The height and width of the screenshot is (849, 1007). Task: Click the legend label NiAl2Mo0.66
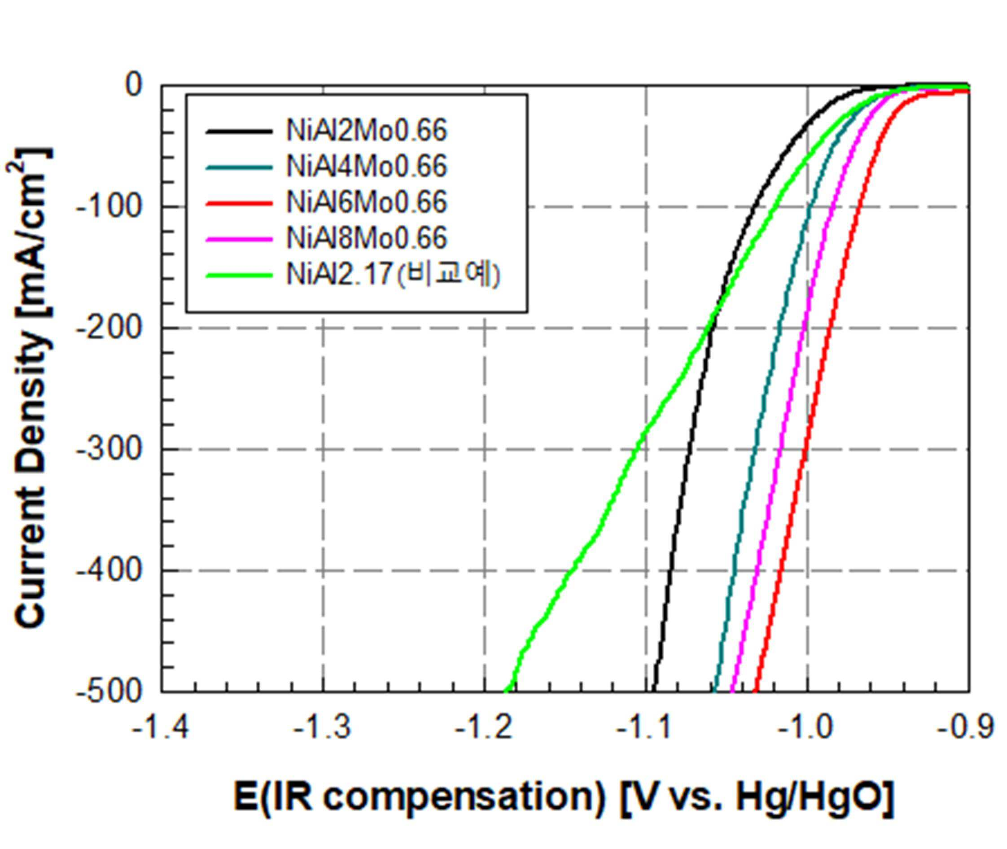pos(367,131)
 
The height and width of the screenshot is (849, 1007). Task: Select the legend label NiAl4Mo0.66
pos(367,166)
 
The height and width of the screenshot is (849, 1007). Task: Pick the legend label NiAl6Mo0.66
pos(367,202)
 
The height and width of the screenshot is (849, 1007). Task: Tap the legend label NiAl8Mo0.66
pos(367,238)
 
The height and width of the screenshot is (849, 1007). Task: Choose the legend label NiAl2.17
pos(340,274)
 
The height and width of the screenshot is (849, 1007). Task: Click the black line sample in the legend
pos(239,131)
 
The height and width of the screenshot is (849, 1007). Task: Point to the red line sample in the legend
pos(239,203)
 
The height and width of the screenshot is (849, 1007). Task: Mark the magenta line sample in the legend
pos(239,239)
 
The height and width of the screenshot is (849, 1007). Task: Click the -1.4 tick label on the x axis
pos(161,727)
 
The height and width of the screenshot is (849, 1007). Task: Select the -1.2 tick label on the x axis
pos(484,727)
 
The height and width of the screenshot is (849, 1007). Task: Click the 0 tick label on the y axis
pos(134,85)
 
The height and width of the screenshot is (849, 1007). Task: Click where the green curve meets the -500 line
pos(506,691)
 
